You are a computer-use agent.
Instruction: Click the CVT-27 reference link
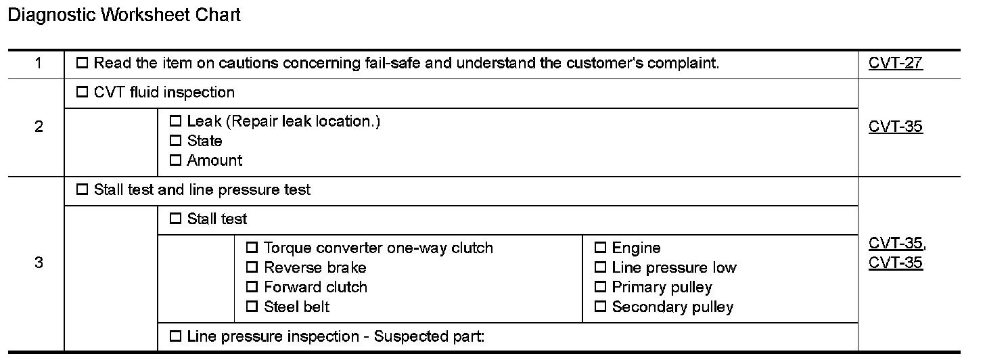pyautogui.click(x=895, y=64)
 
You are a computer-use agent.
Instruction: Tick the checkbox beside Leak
pyautogui.click(x=176, y=122)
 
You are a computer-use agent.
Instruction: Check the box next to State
pyautogui.click(x=176, y=141)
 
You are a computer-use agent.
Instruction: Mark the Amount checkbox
pyautogui.click(x=176, y=161)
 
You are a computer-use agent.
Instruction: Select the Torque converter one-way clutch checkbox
pyautogui.click(x=252, y=248)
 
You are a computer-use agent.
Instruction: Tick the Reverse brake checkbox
pyautogui.click(x=252, y=268)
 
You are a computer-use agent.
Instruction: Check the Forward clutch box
pyautogui.click(x=252, y=288)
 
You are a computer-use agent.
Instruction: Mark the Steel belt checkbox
pyautogui.click(x=252, y=307)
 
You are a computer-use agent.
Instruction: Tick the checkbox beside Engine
pyautogui.click(x=601, y=248)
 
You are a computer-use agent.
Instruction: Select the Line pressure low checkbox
pyautogui.click(x=601, y=268)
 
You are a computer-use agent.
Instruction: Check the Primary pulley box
pyautogui.click(x=601, y=288)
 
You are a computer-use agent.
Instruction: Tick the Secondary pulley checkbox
pyautogui.click(x=601, y=307)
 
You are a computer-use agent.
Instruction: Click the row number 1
pyautogui.click(x=38, y=64)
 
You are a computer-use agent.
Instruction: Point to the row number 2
pyautogui.click(x=39, y=127)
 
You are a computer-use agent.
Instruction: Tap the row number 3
pyautogui.click(x=39, y=263)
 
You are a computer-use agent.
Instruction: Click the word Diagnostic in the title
pyautogui.click(x=52, y=15)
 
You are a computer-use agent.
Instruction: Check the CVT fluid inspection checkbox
pyautogui.click(x=83, y=93)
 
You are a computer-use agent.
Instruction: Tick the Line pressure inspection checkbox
pyautogui.click(x=176, y=336)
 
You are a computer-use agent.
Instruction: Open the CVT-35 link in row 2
pyautogui.click(x=895, y=127)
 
